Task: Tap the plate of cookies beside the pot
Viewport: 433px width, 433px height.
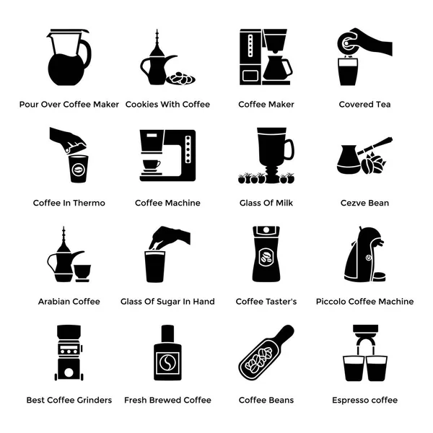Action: pyautogui.click(x=180, y=77)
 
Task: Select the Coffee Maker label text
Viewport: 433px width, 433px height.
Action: pyautogui.click(x=266, y=104)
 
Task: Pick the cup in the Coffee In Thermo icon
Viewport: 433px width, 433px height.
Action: pyautogui.click(x=78, y=169)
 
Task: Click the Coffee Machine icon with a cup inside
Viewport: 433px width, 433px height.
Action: pyautogui.click(x=167, y=155)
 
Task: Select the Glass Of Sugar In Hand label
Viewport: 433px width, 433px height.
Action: pyautogui.click(x=167, y=301)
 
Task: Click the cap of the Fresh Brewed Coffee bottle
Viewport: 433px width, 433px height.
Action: pyautogui.click(x=167, y=333)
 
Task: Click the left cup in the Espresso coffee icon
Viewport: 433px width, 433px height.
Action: pyautogui.click(x=354, y=369)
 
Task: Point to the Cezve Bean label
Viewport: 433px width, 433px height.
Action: pyautogui.click(x=364, y=203)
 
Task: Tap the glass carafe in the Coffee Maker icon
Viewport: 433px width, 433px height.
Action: pyautogui.click(x=276, y=69)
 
